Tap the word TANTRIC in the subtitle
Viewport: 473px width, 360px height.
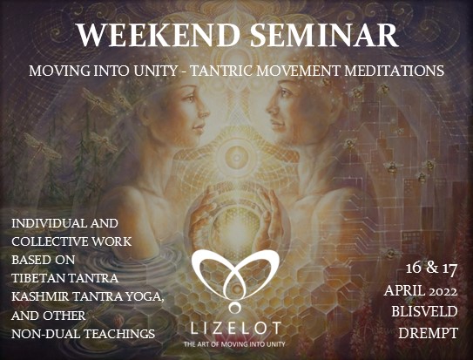click(x=223, y=71)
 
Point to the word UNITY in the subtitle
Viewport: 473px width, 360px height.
click(x=154, y=71)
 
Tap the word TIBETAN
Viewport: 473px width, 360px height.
click(x=37, y=278)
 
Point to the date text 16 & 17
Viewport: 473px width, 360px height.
click(x=431, y=268)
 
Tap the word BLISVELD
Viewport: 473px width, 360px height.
click(x=425, y=311)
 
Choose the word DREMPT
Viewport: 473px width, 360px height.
click(x=429, y=333)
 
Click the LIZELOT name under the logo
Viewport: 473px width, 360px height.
click(x=236, y=328)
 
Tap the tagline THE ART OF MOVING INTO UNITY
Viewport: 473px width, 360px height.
click(x=234, y=344)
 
